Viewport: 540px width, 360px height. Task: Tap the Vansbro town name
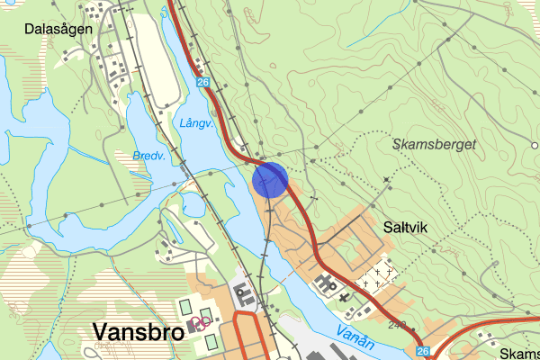point(138,333)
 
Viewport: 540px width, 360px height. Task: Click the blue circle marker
point(270,179)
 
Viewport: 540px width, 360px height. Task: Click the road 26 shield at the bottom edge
point(424,349)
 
